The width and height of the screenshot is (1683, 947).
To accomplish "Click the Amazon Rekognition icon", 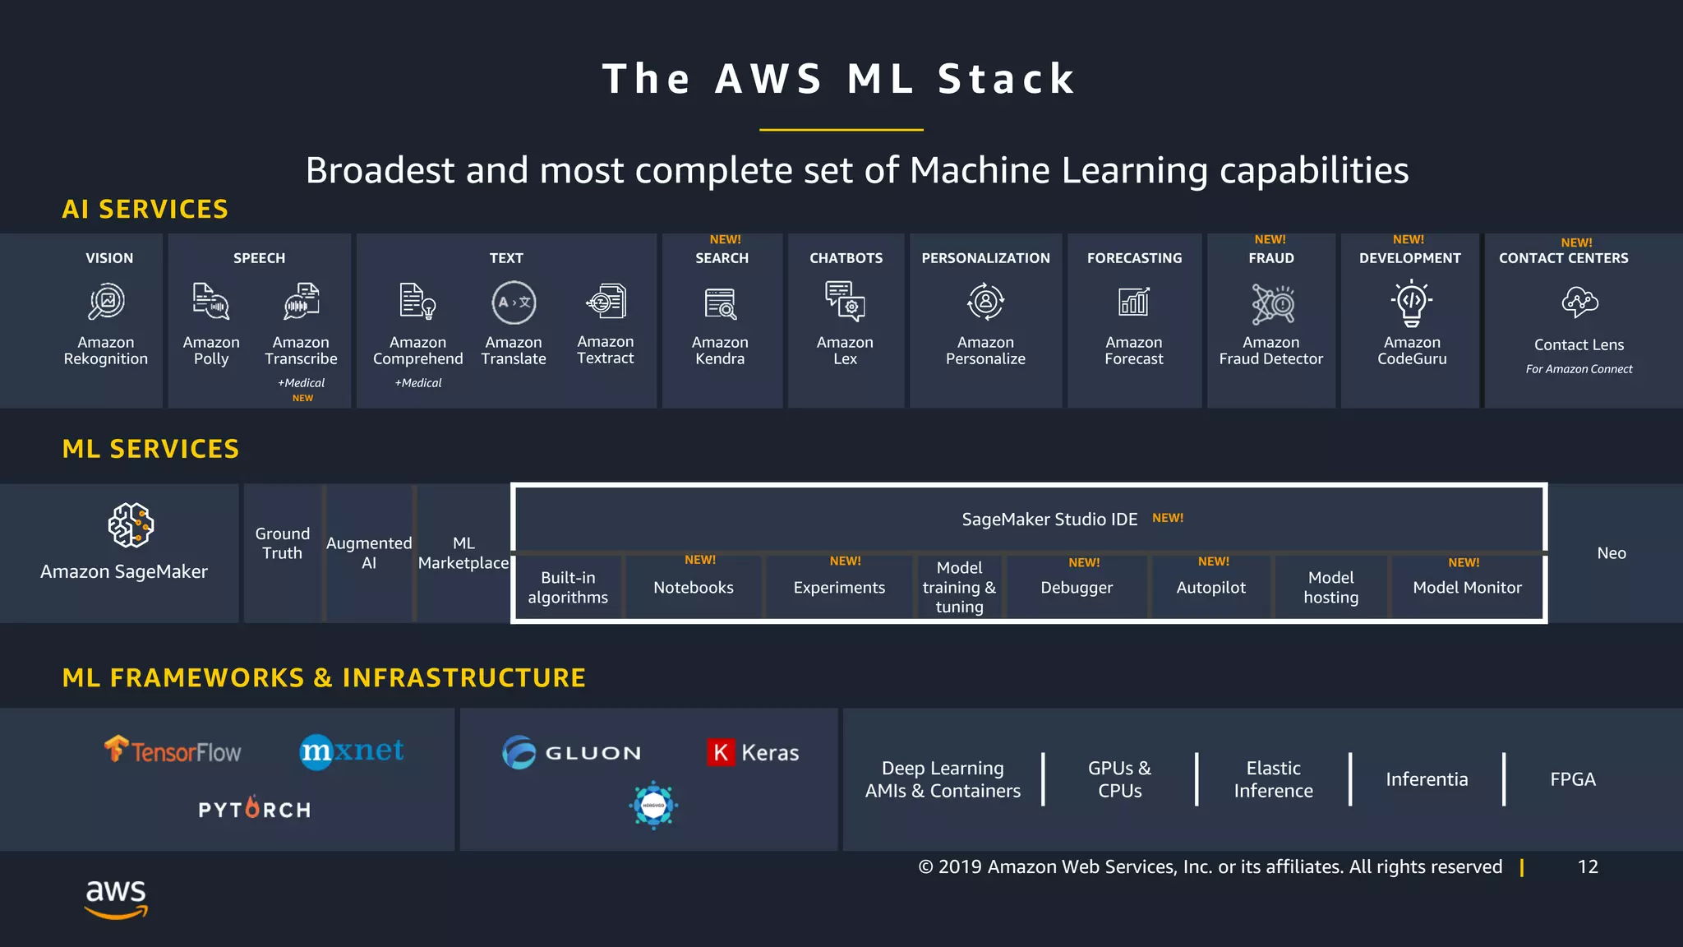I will pyautogui.click(x=107, y=303).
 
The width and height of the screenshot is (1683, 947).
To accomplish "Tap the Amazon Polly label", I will pyautogui.click(x=211, y=351).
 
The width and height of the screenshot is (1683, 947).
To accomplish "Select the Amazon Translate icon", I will pyautogui.click(x=514, y=303).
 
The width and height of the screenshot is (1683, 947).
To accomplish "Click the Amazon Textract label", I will pyautogui.click(x=606, y=350).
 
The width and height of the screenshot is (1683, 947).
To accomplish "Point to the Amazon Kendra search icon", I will pyautogui.click(x=721, y=303).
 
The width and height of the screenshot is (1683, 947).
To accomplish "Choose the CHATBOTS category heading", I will pyautogui.click(x=846, y=258).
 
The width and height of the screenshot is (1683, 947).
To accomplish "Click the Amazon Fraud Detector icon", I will pyautogui.click(x=1272, y=303).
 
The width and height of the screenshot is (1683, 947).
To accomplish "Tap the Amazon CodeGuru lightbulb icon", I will pyautogui.click(x=1412, y=303).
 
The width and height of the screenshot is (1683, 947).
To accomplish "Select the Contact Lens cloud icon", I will pyautogui.click(x=1579, y=303).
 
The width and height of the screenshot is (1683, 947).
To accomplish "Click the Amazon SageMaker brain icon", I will pyautogui.click(x=131, y=525).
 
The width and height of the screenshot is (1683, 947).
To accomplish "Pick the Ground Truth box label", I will pyautogui.click(x=282, y=543).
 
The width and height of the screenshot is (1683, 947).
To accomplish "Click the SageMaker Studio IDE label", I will pyautogui.click(x=1049, y=520).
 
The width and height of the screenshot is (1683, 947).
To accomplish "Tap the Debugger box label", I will pyautogui.click(x=1077, y=588).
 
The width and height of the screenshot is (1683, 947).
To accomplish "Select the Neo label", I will pyautogui.click(x=1612, y=553).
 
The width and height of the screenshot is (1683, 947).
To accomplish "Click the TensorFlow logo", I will pyautogui.click(x=173, y=751).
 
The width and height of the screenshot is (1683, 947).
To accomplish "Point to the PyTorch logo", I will pyautogui.click(x=255, y=809).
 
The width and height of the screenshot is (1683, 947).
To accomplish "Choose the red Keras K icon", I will pyautogui.click(x=720, y=752).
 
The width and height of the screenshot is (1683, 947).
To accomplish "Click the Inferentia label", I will pyautogui.click(x=1427, y=779).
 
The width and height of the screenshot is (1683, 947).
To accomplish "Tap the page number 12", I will pyautogui.click(x=1588, y=867).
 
